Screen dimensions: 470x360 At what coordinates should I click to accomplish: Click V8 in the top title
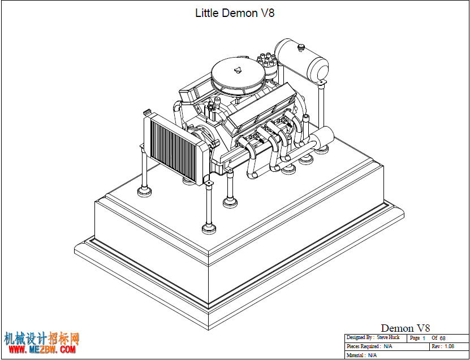click(268, 13)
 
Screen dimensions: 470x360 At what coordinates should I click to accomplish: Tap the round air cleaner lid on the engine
click(238, 71)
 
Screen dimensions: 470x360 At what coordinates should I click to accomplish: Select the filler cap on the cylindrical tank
click(301, 47)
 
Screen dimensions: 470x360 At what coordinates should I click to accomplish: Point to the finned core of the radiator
click(173, 148)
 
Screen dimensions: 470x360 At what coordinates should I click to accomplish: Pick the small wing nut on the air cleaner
click(238, 70)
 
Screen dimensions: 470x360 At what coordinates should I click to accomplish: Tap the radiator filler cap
click(146, 112)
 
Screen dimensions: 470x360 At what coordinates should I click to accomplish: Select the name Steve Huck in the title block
click(388, 337)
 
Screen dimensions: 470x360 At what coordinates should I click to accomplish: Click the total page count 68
click(442, 338)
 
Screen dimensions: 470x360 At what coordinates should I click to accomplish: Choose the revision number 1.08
click(449, 346)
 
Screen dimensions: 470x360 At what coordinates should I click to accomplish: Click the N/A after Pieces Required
click(387, 346)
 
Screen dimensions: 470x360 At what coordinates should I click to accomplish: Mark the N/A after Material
click(372, 355)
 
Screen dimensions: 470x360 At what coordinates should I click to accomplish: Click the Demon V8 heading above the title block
click(406, 328)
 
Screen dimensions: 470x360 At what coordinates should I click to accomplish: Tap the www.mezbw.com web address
click(42, 349)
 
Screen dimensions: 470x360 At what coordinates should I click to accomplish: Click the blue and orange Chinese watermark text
click(42, 339)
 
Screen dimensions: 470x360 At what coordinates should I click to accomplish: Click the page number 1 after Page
click(424, 338)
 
